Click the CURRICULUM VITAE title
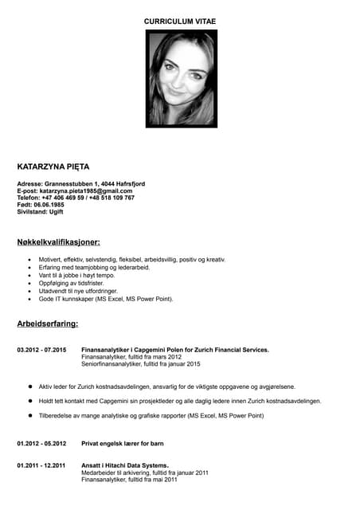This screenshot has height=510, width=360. coord(179,21)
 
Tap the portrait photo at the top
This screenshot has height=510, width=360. coord(181,78)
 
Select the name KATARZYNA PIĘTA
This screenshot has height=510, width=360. coord(53,167)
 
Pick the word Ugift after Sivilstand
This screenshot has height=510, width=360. coord(57,211)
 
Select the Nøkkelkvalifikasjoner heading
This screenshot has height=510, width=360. coord(58,241)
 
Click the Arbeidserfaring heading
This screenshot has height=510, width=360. coord(48,324)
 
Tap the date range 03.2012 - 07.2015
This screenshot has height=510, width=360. coord(42,350)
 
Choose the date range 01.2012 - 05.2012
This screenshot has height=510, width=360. coord(42,443)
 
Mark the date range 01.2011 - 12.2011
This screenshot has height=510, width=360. coord(42,465)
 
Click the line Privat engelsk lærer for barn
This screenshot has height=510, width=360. coord(123,443)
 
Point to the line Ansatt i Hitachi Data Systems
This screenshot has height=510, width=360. coord(125,465)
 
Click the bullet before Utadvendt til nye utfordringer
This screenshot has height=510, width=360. coord(30,291)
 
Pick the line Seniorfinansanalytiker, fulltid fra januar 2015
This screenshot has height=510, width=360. coord(141,364)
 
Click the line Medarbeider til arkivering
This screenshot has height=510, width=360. coord(145,473)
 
